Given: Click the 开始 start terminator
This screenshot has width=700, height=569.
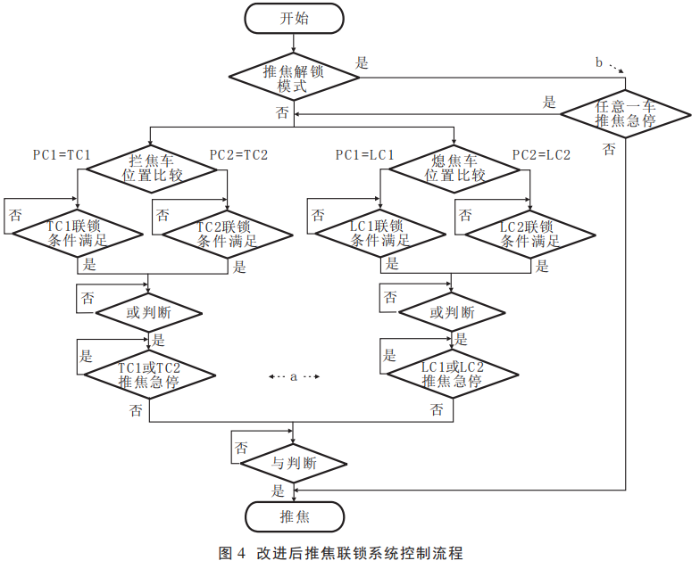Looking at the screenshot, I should pos(294,19).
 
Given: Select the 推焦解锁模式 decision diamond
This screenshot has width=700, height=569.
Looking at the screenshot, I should pos(294,78).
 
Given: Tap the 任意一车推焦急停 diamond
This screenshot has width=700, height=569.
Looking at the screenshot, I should pos(625,114).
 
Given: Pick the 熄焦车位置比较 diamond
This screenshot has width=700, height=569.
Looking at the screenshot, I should pos(454,169).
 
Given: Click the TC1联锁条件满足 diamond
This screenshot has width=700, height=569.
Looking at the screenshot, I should pos(77,234).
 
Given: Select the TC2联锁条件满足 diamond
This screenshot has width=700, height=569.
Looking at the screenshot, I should pos(228,234).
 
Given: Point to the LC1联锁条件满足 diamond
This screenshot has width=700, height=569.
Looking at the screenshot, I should pos(379,234).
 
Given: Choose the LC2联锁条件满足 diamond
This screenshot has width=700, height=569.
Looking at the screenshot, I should pos(529,234).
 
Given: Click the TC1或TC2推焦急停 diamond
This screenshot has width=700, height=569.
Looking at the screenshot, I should pos(149,375).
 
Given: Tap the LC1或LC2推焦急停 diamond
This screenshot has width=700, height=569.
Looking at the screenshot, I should pos(452,375).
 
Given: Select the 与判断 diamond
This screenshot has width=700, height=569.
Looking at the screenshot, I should pos(293,464).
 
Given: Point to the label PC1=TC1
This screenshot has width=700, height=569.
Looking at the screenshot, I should pos(62,155).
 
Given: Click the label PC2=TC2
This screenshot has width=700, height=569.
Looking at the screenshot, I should pos(238,155).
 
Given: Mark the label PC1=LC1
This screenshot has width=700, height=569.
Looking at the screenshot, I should pos(364,155).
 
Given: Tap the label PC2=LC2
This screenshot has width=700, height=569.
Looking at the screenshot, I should pos(541,155).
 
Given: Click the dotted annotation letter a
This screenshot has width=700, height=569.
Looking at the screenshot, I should pos(293,377).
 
